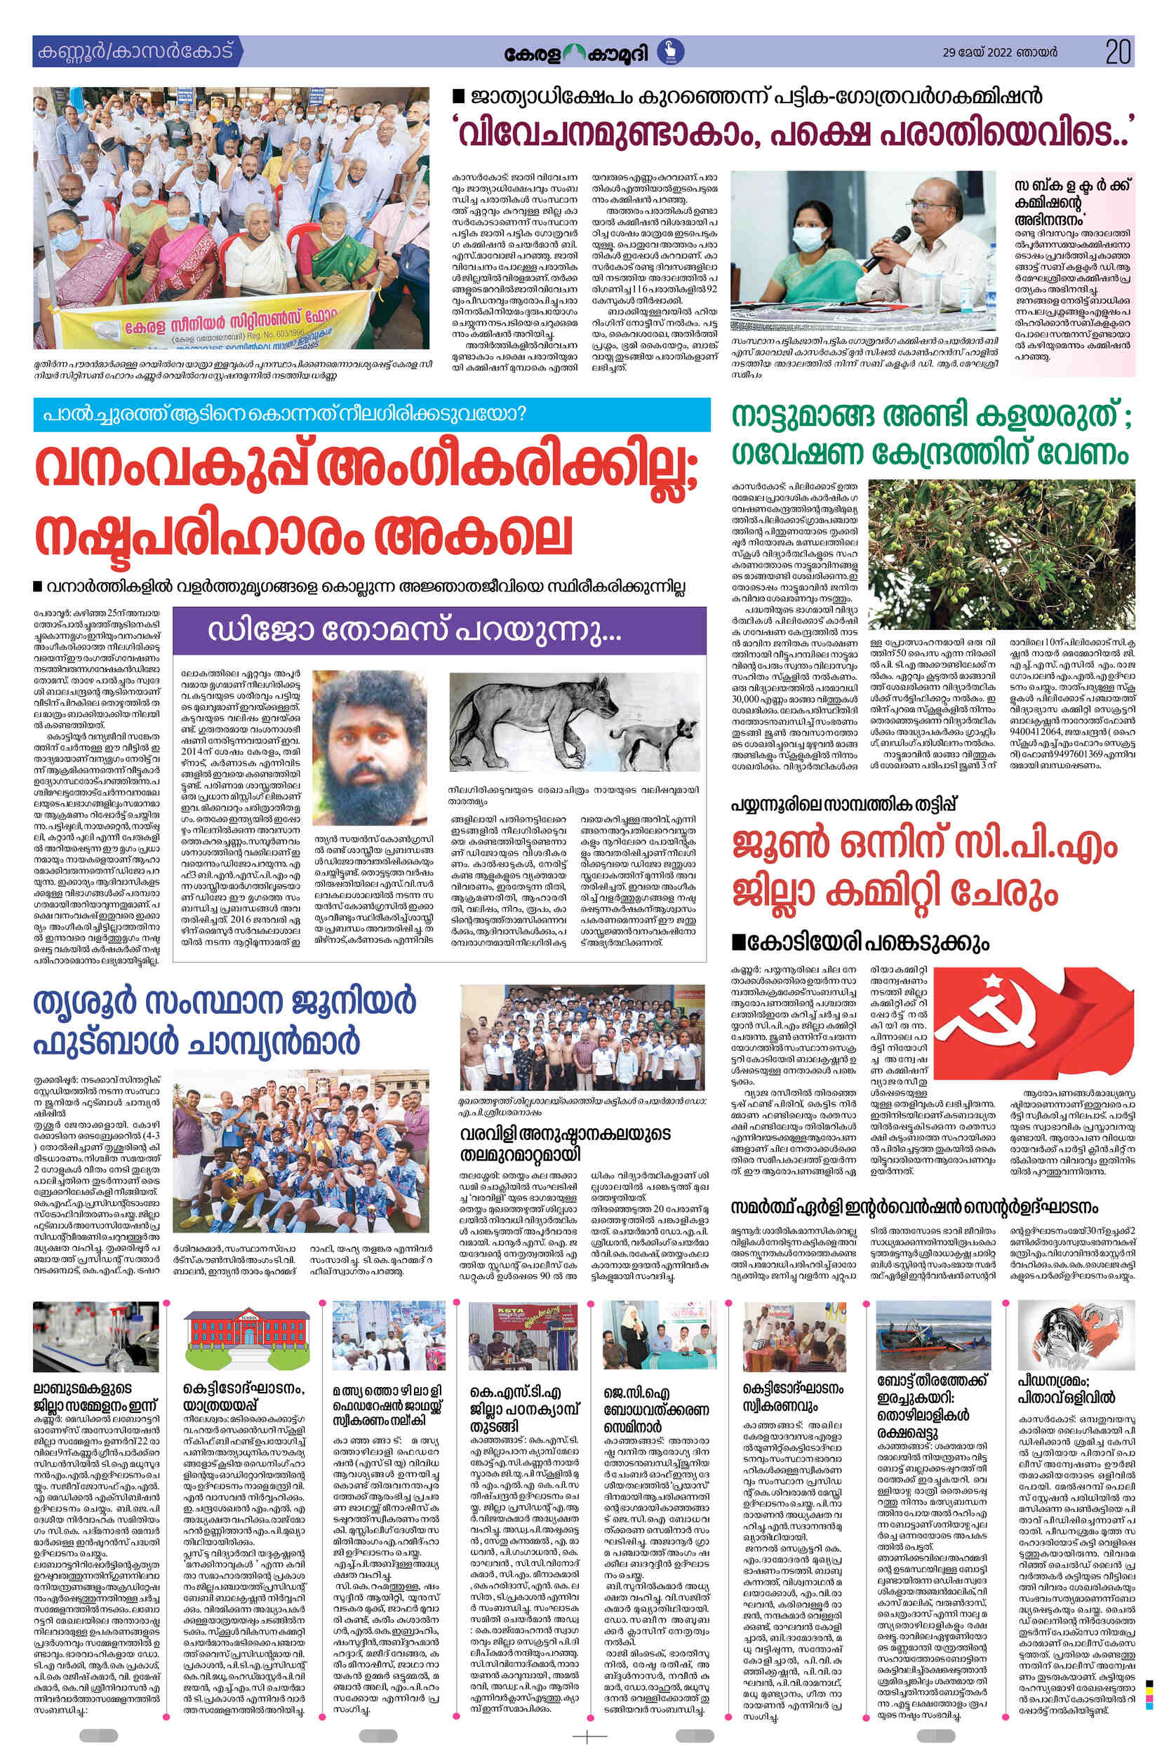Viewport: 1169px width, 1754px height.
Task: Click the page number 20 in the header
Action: point(1118,52)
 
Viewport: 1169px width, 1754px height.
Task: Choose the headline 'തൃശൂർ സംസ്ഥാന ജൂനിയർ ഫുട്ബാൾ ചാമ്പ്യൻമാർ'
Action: point(224,1022)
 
